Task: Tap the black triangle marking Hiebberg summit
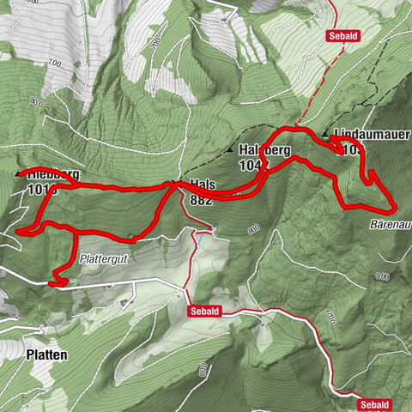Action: [18, 174]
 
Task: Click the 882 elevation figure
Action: [202, 199]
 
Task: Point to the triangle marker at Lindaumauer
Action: [325, 135]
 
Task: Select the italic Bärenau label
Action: [391, 222]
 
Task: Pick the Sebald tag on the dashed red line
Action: [341, 35]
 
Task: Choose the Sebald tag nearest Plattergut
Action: [206, 312]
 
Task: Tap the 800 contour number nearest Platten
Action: [201, 370]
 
